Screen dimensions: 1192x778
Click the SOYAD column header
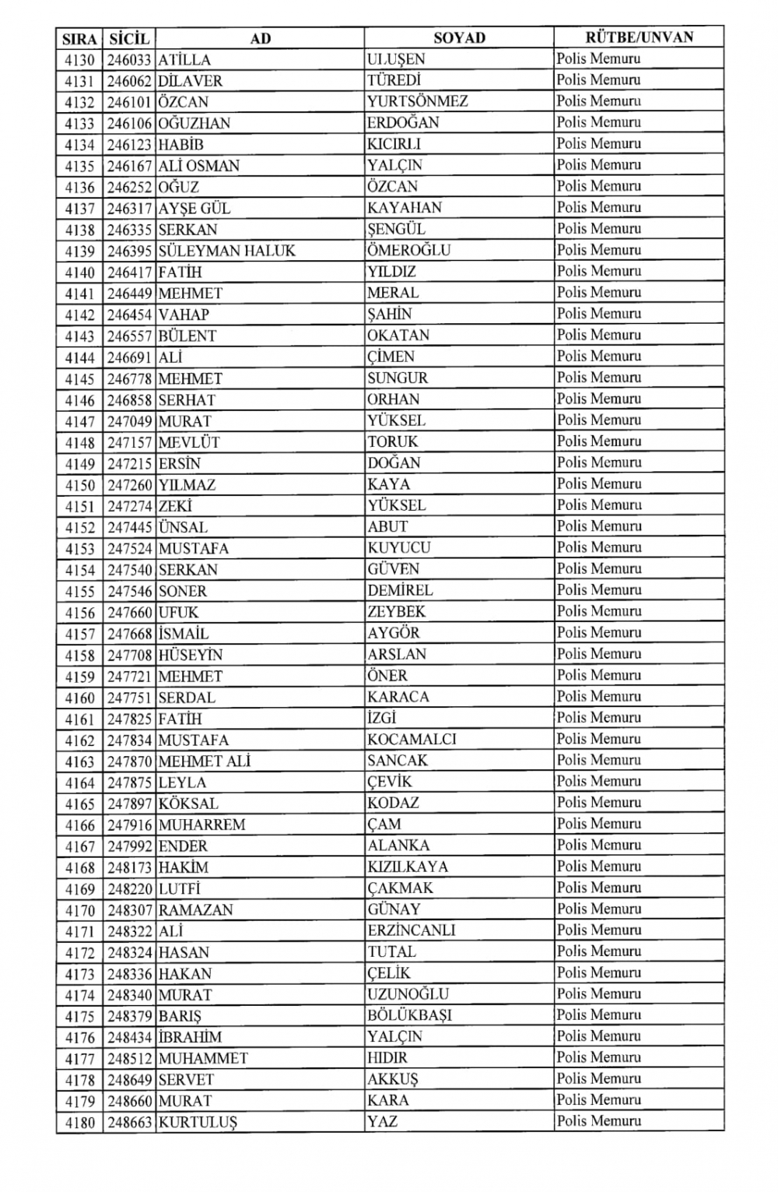click(x=459, y=37)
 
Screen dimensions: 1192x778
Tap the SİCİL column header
click(x=129, y=38)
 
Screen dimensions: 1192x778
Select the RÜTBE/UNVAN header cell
click(x=639, y=37)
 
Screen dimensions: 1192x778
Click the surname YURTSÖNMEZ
click(x=418, y=101)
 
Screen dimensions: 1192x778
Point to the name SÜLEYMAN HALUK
click(x=226, y=251)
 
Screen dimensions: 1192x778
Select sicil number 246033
click(x=130, y=60)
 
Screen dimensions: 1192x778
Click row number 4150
click(x=79, y=485)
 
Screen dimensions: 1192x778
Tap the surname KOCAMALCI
click(x=412, y=740)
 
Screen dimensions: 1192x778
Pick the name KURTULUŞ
click(x=198, y=1123)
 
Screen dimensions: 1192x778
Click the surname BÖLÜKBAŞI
click(x=409, y=1015)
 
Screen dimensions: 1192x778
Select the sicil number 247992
click(x=130, y=846)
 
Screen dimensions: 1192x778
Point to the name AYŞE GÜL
click(x=194, y=209)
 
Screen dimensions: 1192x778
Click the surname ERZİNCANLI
click(x=412, y=930)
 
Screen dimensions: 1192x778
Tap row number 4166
click(x=79, y=825)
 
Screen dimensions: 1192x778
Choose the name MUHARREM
click(x=202, y=825)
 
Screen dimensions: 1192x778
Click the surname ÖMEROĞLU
click(x=408, y=251)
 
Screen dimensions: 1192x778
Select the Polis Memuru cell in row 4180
click(x=599, y=1121)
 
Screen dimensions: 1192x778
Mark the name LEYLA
click(x=182, y=782)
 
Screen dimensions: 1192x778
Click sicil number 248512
click(x=130, y=1059)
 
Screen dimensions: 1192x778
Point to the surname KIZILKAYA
click(x=408, y=867)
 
